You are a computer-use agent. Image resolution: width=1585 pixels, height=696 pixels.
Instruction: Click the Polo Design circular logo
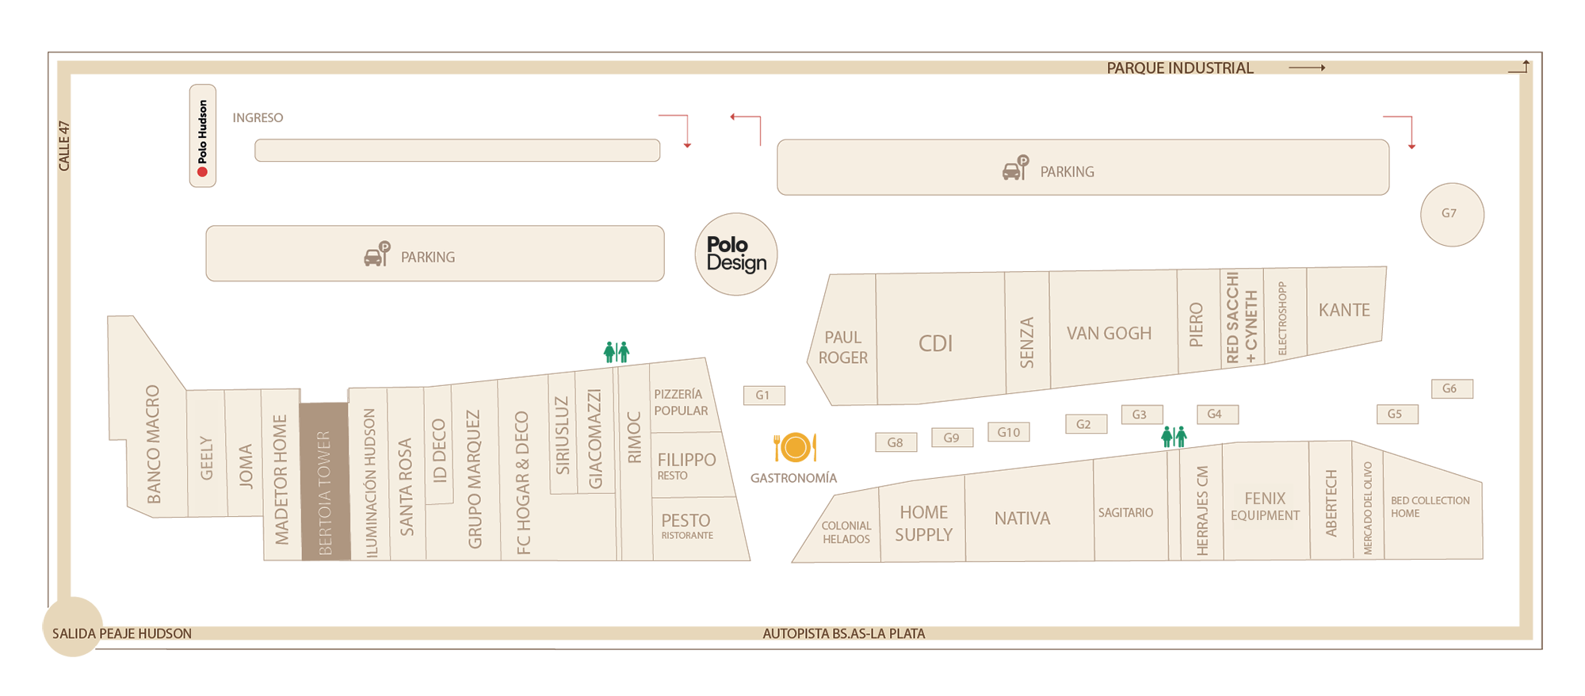[736, 254]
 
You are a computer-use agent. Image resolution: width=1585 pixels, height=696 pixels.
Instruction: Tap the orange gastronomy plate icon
[794, 448]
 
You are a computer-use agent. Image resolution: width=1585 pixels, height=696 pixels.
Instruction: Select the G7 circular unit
[1452, 214]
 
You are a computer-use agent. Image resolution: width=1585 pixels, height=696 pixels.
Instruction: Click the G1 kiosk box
[764, 395]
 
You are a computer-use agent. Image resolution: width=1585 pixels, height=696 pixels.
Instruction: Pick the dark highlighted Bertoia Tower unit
[324, 481]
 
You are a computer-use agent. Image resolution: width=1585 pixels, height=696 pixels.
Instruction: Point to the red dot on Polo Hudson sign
[202, 171]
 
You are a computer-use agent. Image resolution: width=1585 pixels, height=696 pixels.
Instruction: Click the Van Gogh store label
[1109, 334]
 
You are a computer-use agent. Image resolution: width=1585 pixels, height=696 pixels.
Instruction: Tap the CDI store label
[935, 343]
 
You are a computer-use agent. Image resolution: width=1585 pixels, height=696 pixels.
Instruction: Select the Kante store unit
[1344, 310]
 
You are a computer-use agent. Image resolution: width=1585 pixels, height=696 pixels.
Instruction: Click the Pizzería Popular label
[680, 402]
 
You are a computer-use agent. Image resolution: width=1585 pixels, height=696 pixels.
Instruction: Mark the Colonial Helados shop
[846, 532]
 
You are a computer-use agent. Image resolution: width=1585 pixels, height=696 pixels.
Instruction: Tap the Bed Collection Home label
[1430, 507]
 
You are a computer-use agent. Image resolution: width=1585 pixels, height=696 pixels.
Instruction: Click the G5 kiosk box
[1396, 414]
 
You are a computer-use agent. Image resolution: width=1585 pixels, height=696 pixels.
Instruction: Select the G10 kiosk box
[1008, 432]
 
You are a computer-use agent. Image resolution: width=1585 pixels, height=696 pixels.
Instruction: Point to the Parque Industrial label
[1179, 68]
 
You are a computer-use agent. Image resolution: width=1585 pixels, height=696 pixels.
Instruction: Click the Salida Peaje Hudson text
[122, 633]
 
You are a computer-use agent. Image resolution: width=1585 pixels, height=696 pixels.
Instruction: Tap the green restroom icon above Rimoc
[617, 351]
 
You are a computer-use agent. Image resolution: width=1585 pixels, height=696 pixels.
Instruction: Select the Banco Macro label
[153, 444]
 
